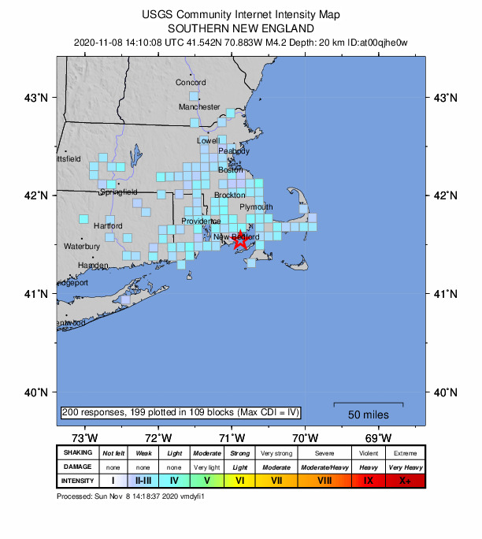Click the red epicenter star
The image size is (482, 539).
pyautogui.click(x=241, y=240)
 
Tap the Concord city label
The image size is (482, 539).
pyautogui.click(x=191, y=83)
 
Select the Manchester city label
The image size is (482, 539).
pyautogui.click(x=199, y=106)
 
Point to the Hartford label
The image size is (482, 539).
pyautogui.click(x=108, y=226)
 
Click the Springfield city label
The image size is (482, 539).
pyautogui.click(x=118, y=191)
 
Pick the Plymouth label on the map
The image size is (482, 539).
pyautogui.click(x=256, y=207)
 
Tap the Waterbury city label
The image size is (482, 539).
pyautogui.click(x=82, y=247)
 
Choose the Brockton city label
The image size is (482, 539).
pyautogui.click(x=230, y=195)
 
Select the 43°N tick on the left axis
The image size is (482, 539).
pyautogui.click(x=39, y=98)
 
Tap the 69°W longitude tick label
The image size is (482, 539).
pyautogui.click(x=379, y=438)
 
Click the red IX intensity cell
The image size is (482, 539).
pyautogui.click(x=368, y=481)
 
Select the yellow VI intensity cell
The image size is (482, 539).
pyautogui.click(x=240, y=481)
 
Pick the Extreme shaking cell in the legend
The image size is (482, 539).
pyautogui.click(x=405, y=453)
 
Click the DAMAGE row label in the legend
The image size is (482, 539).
pyautogui.click(x=77, y=467)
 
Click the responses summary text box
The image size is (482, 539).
pyautogui.click(x=180, y=413)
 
